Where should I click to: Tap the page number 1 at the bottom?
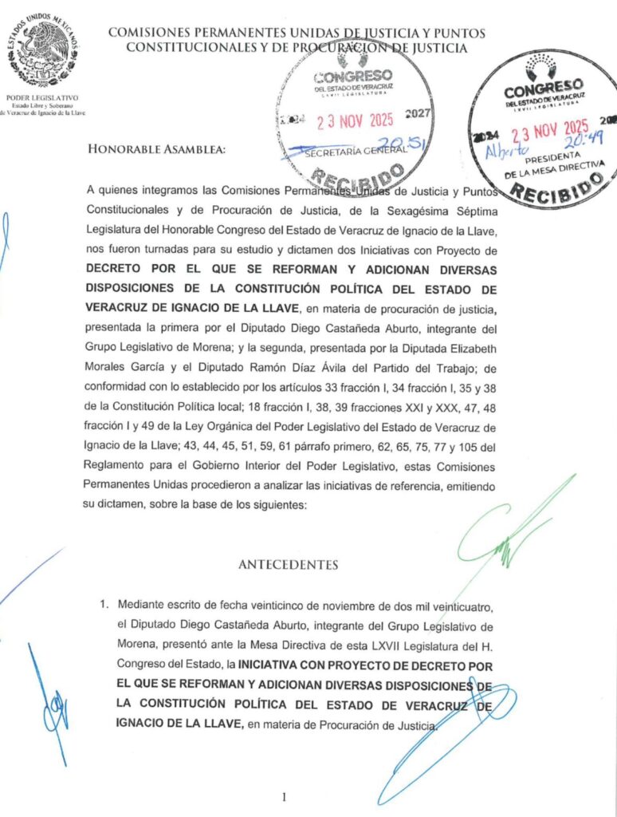click(x=284, y=796)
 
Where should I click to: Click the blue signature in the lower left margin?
click(x=52, y=702)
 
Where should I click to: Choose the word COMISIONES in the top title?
click(x=159, y=33)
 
